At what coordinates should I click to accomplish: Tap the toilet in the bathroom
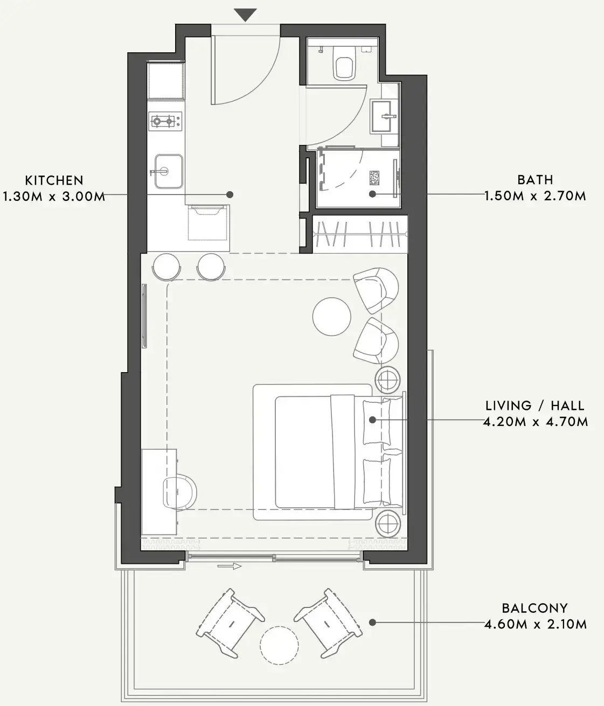coord(343,65)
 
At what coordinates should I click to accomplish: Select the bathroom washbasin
coord(384,116)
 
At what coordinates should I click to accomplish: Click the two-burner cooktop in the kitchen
coord(165,122)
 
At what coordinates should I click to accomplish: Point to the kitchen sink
coord(168,171)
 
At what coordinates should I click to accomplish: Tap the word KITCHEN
coord(54,180)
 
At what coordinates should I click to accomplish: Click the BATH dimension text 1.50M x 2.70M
coord(535,196)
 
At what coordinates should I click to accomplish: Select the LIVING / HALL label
coord(534,406)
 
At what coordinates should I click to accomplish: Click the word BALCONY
coord(534,609)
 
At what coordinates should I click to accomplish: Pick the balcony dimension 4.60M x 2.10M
coord(535,625)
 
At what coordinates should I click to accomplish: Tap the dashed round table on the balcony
coord(279,645)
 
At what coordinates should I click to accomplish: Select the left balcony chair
coord(231,623)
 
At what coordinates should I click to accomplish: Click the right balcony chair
coord(328,623)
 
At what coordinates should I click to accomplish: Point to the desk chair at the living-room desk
coord(180,492)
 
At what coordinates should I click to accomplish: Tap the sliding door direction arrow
coord(230,567)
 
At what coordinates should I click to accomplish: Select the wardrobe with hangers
coord(360,234)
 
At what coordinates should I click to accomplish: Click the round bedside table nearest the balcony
coord(387,522)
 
